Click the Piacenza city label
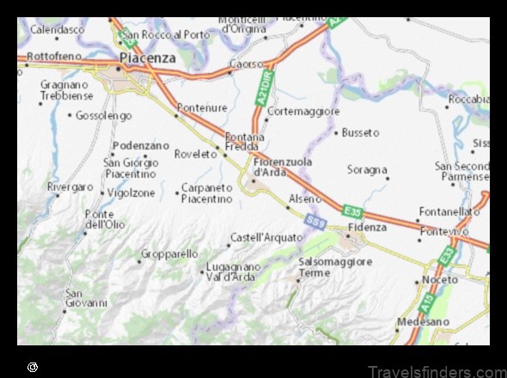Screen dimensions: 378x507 click(x=148, y=58)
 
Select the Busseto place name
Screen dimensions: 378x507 click(x=360, y=132)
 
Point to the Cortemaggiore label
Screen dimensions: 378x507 click(x=304, y=112)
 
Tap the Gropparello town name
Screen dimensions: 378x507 click(x=169, y=254)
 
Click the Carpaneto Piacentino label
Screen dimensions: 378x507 click(x=207, y=192)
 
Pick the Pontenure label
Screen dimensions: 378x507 click(x=201, y=109)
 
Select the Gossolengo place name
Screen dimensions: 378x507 click(x=104, y=115)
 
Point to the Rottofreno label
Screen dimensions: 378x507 click(x=54, y=55)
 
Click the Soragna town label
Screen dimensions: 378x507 click(x=367, y=170)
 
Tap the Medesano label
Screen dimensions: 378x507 click(x=425, y=321)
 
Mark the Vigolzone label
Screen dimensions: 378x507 click(x=131, y=194)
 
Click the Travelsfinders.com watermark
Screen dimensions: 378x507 click(x=437, y=370)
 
